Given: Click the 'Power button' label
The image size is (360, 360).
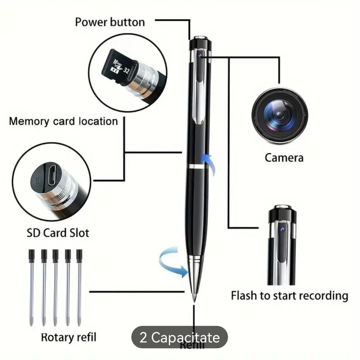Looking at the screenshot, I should point(110,22).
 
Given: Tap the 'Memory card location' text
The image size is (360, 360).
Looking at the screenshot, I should point(63,121).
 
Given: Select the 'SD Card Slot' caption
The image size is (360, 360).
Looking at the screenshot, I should point(58,232).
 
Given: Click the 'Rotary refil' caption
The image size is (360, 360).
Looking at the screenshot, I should point(68,337).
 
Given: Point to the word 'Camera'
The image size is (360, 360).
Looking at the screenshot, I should point(284,157).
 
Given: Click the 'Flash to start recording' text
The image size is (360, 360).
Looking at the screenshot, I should point(289,296).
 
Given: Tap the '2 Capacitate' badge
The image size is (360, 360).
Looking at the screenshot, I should point(179,338).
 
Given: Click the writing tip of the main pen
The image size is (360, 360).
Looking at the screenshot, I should point(194,298).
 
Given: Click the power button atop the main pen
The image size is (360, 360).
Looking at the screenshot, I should point(200,38).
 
